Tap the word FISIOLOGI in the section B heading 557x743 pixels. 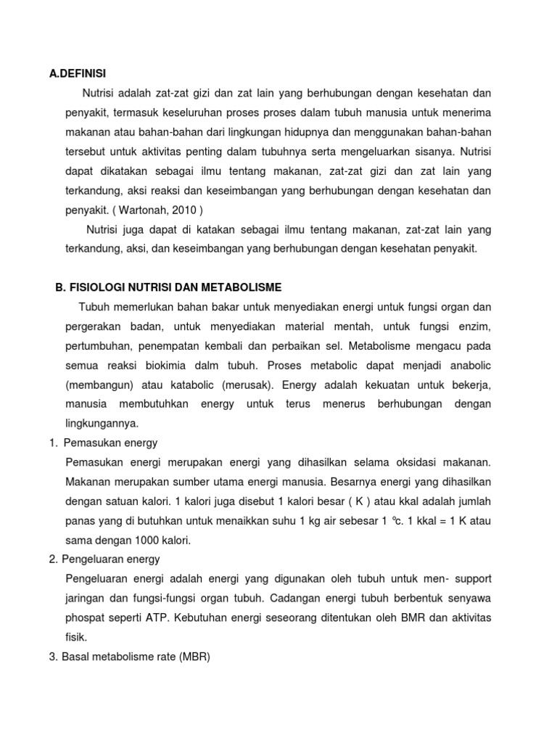(96, 287)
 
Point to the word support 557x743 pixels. (465, 578)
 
